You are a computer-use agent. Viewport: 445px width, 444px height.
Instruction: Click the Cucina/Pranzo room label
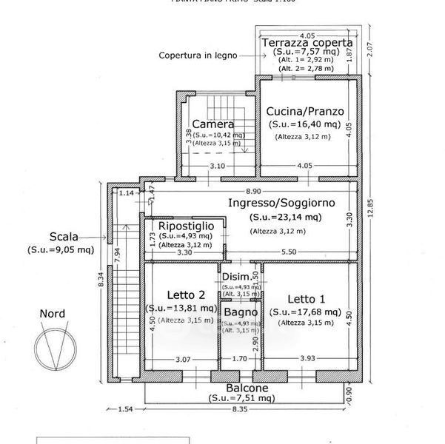click(x=306, y=110)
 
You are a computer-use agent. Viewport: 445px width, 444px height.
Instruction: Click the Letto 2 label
click(x=181, y=295)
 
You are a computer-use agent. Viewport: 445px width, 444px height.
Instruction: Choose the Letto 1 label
click(x=305, y=299)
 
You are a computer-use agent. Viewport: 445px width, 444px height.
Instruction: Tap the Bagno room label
click(x=241, y=312)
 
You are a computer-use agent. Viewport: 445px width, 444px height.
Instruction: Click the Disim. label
click(x=236, y=277)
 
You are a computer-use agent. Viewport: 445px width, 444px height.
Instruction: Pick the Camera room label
click(x=213, y=124)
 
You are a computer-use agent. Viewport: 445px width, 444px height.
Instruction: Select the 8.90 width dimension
click(x=252, y=191)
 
